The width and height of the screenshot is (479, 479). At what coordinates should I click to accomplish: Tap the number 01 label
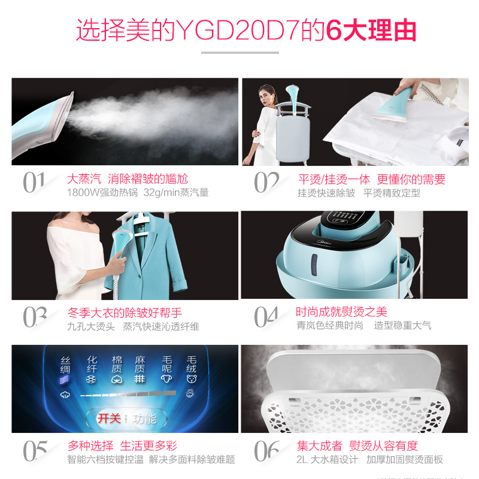34,183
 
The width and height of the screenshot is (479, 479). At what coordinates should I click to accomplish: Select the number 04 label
266,317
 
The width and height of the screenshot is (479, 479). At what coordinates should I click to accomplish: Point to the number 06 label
266,450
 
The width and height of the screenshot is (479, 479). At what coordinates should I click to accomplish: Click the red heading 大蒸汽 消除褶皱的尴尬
128,179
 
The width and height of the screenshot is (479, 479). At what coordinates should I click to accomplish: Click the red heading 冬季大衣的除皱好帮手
125,313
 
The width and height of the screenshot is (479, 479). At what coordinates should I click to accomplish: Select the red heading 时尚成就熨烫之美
342,312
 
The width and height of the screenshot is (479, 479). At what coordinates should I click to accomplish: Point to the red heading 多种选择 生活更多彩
122,446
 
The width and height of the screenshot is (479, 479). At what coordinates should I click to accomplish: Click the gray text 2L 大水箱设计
328,460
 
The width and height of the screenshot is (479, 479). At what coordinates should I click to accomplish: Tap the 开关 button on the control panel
109,419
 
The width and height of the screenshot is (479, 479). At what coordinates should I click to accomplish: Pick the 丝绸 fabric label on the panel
65,365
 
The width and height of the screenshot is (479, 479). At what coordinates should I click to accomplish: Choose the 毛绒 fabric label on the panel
192,365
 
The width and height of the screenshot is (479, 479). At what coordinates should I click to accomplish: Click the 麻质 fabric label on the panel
140,365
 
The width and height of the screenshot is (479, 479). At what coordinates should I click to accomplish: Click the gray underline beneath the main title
239,53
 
